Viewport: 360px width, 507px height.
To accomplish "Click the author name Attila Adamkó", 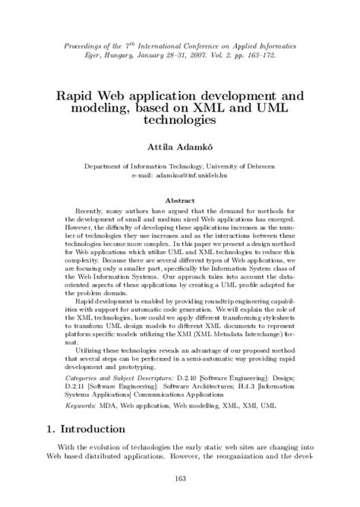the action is coord(180,143).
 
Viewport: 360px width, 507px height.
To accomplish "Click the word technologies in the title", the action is coord(180,119).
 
